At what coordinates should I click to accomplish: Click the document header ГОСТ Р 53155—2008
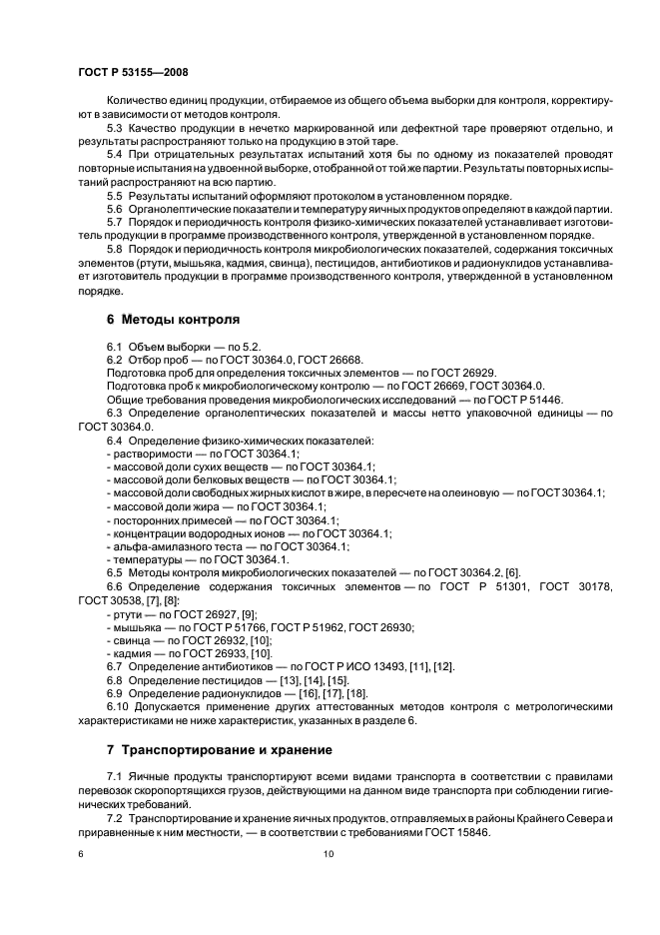coord(133,74)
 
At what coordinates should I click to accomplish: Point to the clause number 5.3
coord(114,130)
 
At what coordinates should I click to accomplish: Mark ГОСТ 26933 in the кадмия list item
coord(203,651)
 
